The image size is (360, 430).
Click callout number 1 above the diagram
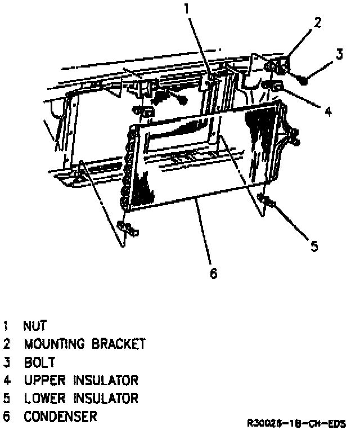(187, 8)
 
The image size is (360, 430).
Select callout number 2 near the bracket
(318, 23)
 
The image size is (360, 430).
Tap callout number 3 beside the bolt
(339, 55)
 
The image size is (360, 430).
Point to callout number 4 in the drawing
(328, 111)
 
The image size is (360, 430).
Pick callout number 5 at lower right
(314, 245)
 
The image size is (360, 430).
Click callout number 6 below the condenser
(213, 273)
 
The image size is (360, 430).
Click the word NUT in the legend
(35, 325)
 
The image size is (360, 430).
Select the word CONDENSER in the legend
(60, 417)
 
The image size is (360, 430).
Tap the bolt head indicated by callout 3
(304, 80)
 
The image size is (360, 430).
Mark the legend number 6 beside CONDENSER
(6, 417)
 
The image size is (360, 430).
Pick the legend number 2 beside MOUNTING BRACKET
(6, 343)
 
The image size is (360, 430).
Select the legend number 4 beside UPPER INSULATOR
(6, 380)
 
